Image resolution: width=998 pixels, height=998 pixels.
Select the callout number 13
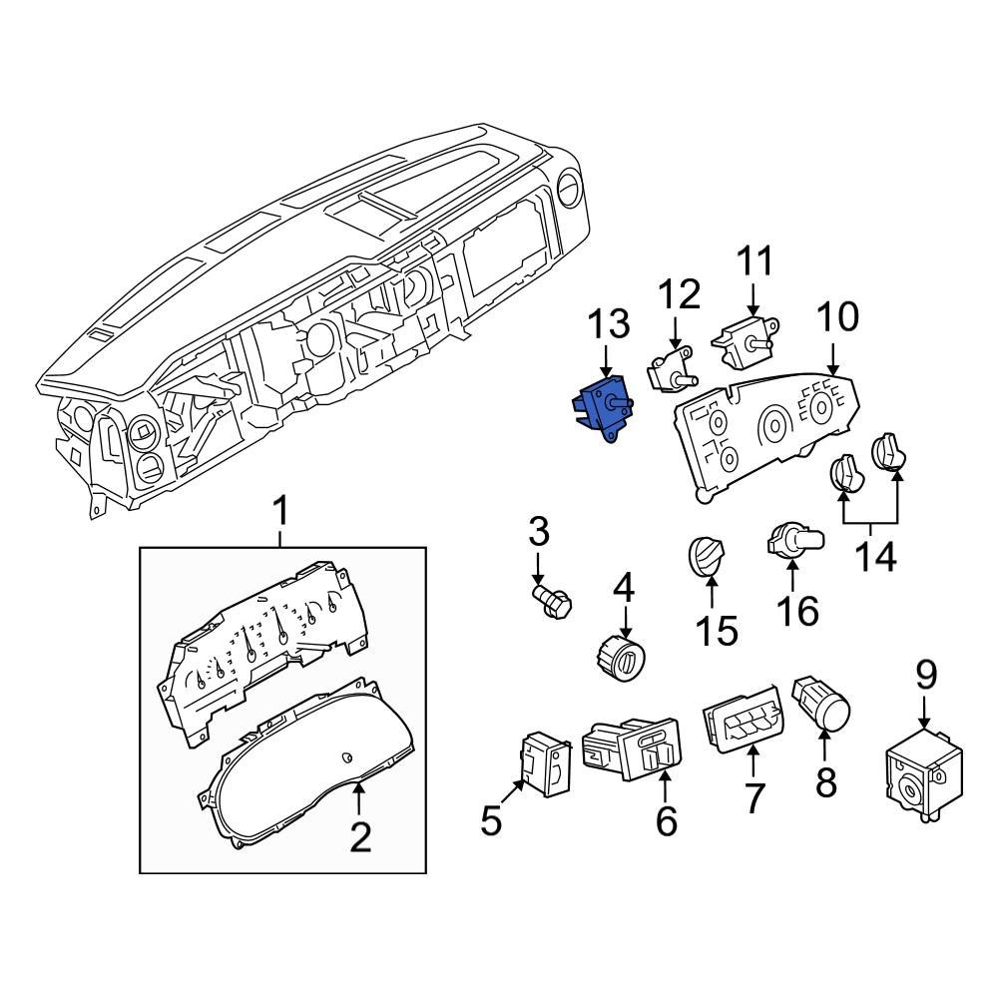(x=608, y=325)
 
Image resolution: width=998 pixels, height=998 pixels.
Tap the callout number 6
(x=666, y=820)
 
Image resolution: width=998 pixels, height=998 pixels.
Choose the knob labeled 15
(x=709, y=556)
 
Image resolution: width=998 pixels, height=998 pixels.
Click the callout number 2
(x=359, y=836)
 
